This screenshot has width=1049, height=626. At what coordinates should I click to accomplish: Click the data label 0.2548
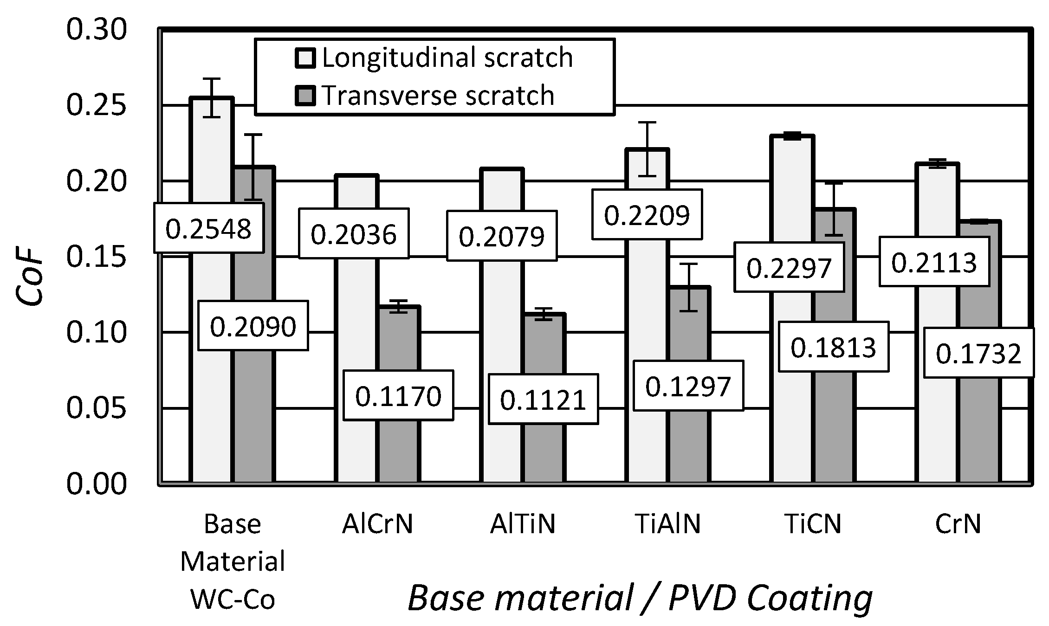coord(208,228)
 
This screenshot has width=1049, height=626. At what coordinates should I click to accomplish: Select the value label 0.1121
coord(543,400)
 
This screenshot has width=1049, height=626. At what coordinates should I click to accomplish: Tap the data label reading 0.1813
coord(833,347)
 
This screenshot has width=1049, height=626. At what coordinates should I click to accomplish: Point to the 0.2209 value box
coord(647,214)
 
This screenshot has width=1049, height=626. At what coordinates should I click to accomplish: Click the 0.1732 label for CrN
coord(978,353)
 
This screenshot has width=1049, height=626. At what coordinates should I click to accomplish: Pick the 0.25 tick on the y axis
coord(96,105)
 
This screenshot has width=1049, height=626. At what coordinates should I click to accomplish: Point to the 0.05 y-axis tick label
coord(96,408)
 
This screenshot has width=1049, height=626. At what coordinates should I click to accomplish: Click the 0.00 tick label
coord(96,484)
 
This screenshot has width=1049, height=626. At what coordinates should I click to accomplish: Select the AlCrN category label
coord(377,524)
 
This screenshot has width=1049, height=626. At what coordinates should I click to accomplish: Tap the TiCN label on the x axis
coord(813,524)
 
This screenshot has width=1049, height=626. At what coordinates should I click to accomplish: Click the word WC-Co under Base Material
coord(233,600)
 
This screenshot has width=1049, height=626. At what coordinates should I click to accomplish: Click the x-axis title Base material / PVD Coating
coord(640,598)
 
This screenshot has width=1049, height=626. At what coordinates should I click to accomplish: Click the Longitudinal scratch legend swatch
coord(305,59)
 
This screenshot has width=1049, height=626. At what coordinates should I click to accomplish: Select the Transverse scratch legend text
coord(438,96)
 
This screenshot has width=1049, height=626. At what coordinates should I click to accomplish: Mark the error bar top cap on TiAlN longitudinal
coord(648,123)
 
